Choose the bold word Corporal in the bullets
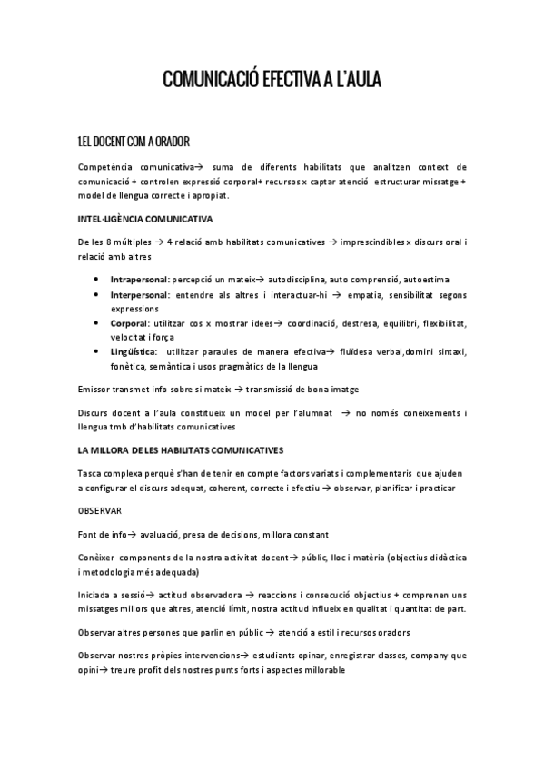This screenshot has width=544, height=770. (130, 323)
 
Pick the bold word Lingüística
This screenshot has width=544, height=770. (134, 351)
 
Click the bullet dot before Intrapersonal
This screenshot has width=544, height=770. (97, 280)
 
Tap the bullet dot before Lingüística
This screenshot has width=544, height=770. (97, 351)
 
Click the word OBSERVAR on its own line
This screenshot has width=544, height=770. (103, 511)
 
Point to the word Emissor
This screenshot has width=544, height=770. (97, 390)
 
